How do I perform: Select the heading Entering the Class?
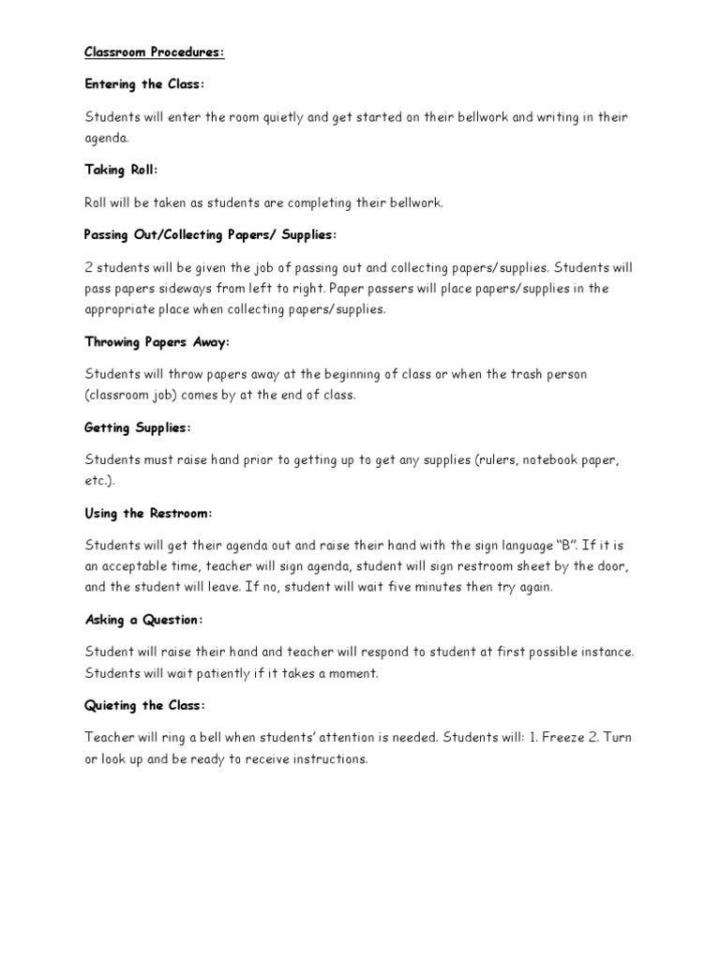144,84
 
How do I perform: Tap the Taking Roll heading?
122,170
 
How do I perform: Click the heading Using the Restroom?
149,513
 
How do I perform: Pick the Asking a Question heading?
143,620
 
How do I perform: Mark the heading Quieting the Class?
144,705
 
